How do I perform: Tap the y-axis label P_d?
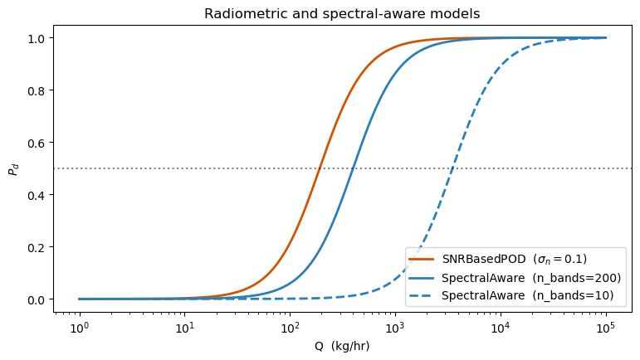coord(12,169)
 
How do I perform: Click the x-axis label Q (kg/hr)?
coord(343,346)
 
